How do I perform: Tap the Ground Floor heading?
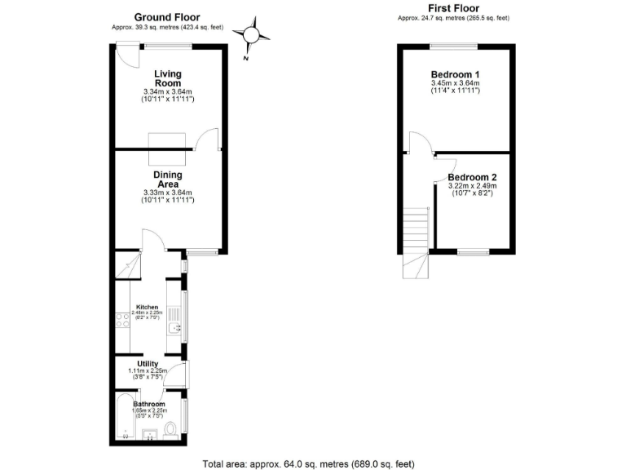pos(166,17)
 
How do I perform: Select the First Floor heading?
pos(453,8)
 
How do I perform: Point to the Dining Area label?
pos(167,179)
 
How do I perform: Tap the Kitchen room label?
pos(147,307)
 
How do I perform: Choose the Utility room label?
pos(147,364)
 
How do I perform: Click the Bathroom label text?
pos(149,404)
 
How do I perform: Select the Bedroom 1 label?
pos(455,74)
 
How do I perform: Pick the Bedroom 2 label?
pos(473,177)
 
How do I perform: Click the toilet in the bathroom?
pos(170,429)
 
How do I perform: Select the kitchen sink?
pos(174,329)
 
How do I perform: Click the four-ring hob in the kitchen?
pos(124,326)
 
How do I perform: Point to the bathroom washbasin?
pos(148,434)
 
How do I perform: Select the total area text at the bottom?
pos(313,463)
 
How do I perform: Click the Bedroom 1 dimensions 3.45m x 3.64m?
pos(455,83)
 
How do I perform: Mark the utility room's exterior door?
pos(186,375)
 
